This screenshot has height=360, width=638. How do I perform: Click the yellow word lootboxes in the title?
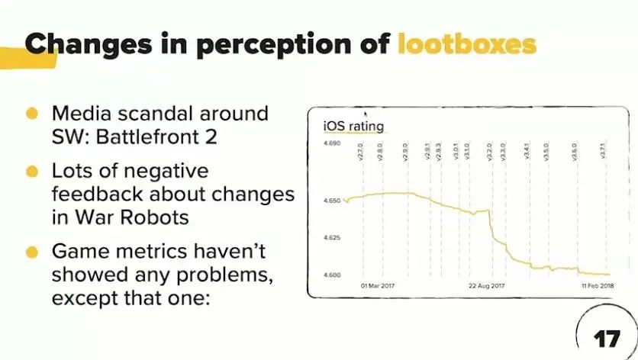click(x=467, y=43)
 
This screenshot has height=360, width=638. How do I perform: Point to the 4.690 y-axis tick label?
click(x=329, y=143)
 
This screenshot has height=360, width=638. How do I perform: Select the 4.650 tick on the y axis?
click(x=329, y=201)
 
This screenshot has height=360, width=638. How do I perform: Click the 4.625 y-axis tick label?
click(x=329, y=238)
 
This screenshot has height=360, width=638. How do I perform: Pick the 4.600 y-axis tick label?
click(x=329, y=275)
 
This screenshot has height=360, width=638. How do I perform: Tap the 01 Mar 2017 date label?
click(x=378, y=286)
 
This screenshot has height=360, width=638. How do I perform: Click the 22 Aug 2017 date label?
click(x=487, y=286)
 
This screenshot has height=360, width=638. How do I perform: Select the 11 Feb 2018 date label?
click(x=591, y=286)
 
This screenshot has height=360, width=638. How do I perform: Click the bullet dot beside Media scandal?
click(x=32, y=114)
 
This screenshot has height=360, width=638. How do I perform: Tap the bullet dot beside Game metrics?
click(x=32, y=251)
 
